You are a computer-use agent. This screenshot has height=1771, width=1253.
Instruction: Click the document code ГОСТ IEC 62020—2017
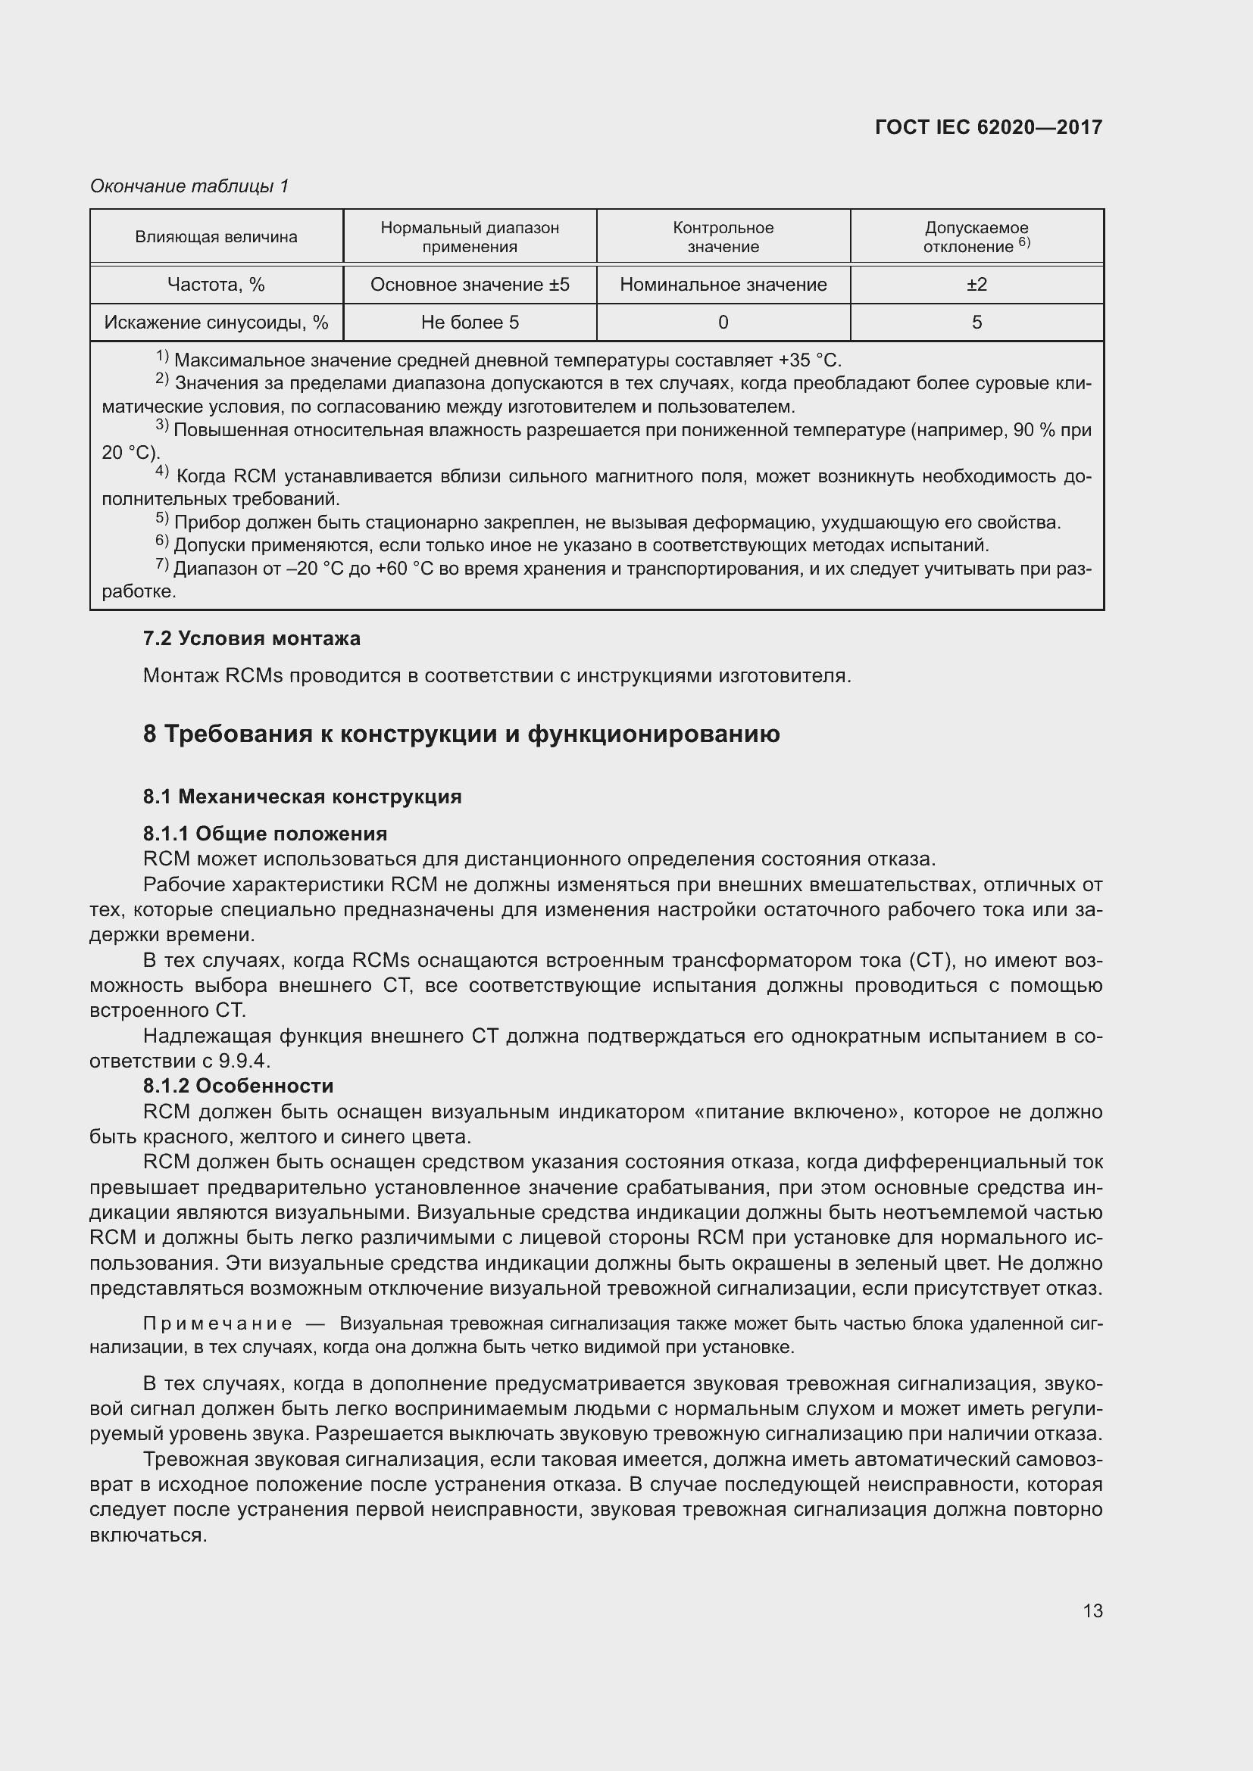tap(989, 127)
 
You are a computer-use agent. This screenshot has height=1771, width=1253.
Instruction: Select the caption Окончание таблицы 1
tap(189, 186)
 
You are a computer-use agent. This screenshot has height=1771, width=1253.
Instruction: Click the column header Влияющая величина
tap(216, 237)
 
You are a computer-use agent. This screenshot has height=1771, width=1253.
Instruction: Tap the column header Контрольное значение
tap(723, 237)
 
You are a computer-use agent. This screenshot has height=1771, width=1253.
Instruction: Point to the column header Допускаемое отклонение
tap(976, 237)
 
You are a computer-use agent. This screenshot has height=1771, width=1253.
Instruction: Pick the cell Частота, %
tap(216, 285)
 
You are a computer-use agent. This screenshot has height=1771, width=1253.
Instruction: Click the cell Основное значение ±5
tap(470, 285)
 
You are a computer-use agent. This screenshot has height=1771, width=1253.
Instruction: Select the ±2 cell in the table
tap(976, 285)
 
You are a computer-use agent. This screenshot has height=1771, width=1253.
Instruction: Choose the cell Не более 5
tap(470, 323)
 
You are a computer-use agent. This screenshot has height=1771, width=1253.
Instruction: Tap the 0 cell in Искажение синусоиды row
tap(723, 323)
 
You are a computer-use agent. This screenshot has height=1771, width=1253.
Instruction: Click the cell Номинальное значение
tap(723, 285)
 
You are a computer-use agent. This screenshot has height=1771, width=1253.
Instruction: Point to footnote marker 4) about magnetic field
tap(162, 472)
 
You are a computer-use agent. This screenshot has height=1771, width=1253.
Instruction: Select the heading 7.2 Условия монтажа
tap(252, 639)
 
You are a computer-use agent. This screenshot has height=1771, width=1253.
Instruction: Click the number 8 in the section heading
tap(150, 734)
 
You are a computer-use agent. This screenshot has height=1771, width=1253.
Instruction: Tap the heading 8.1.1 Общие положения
tap(264, 833)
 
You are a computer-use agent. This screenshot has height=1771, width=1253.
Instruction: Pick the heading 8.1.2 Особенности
tap(238, 1085)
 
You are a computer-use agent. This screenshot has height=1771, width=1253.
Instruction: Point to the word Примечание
tap(217, 1324)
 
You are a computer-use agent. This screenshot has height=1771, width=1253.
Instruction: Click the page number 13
tap(1092, 1610)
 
